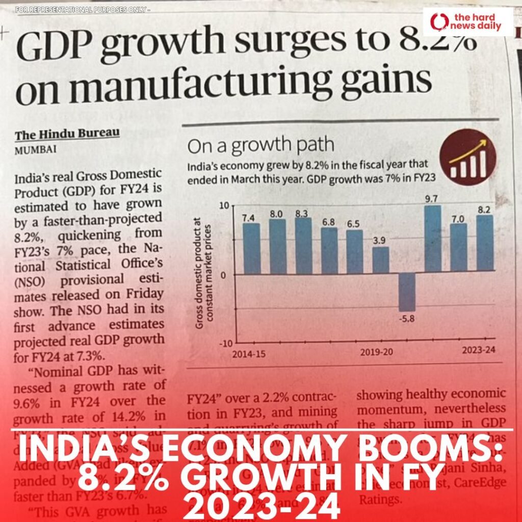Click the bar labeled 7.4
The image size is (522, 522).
tap(251, 249)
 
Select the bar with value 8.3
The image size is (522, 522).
tap(303, 246)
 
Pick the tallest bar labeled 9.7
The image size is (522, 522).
tap(433, 239)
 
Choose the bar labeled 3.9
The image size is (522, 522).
tap(381, 260)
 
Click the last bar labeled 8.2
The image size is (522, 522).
tap(485, 243)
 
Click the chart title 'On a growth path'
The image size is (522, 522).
tap(260, 146)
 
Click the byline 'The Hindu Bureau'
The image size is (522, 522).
tap(67, 135)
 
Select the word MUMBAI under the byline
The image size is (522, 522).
tap(35, 150)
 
